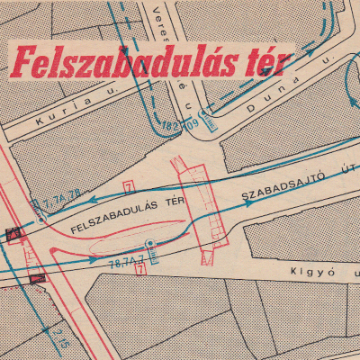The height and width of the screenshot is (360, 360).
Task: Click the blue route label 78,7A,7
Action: [125, 265]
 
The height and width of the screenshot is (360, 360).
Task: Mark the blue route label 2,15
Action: [59, 338]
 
